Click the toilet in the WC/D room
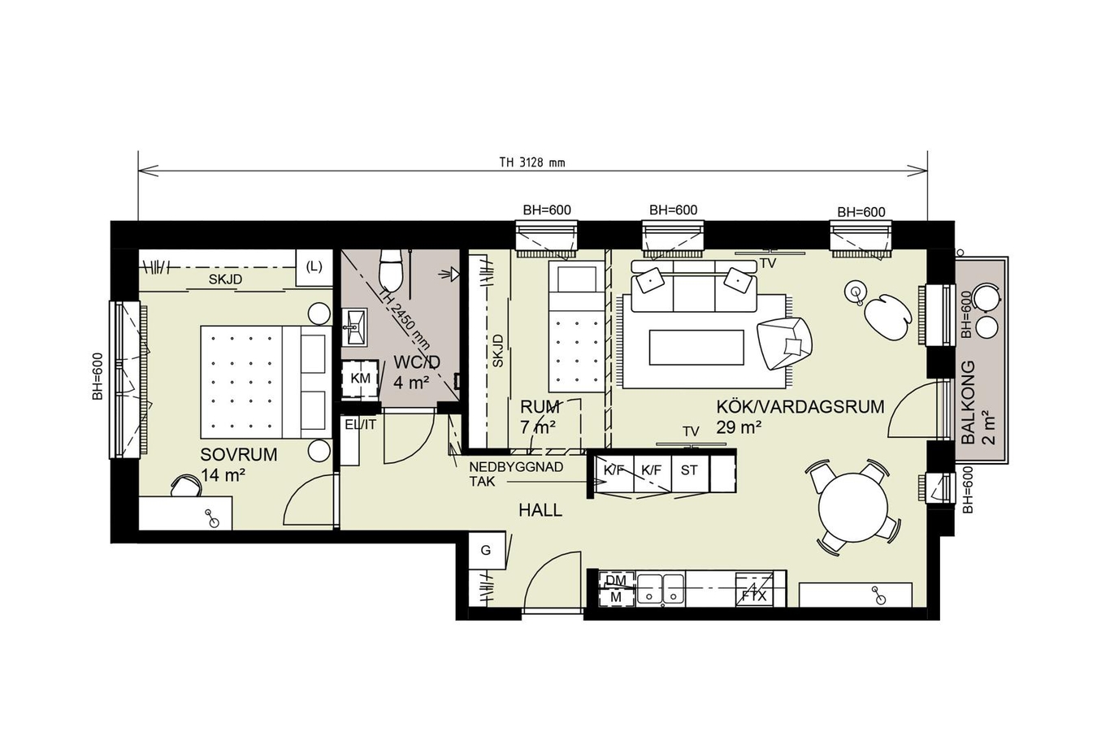click(390, 270)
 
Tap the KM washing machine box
click(360, 379)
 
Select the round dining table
click(853, 507)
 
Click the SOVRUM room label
click(239, 455)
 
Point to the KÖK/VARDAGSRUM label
click(800, 407)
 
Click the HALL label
click(540, 510)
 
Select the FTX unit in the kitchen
click(754, 590)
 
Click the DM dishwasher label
click(616, 580)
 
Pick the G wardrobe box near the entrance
click(487, 550)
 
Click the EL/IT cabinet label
click(361, 425)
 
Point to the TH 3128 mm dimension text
click(532, 162)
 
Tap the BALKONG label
click(968, 402)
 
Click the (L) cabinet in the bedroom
click(314, 267)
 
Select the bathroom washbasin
click(353, 327)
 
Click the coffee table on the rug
click(696, 347)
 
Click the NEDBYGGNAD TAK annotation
click(516, 474)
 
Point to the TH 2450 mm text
click(405, 319)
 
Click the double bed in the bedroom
click(266, 382)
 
